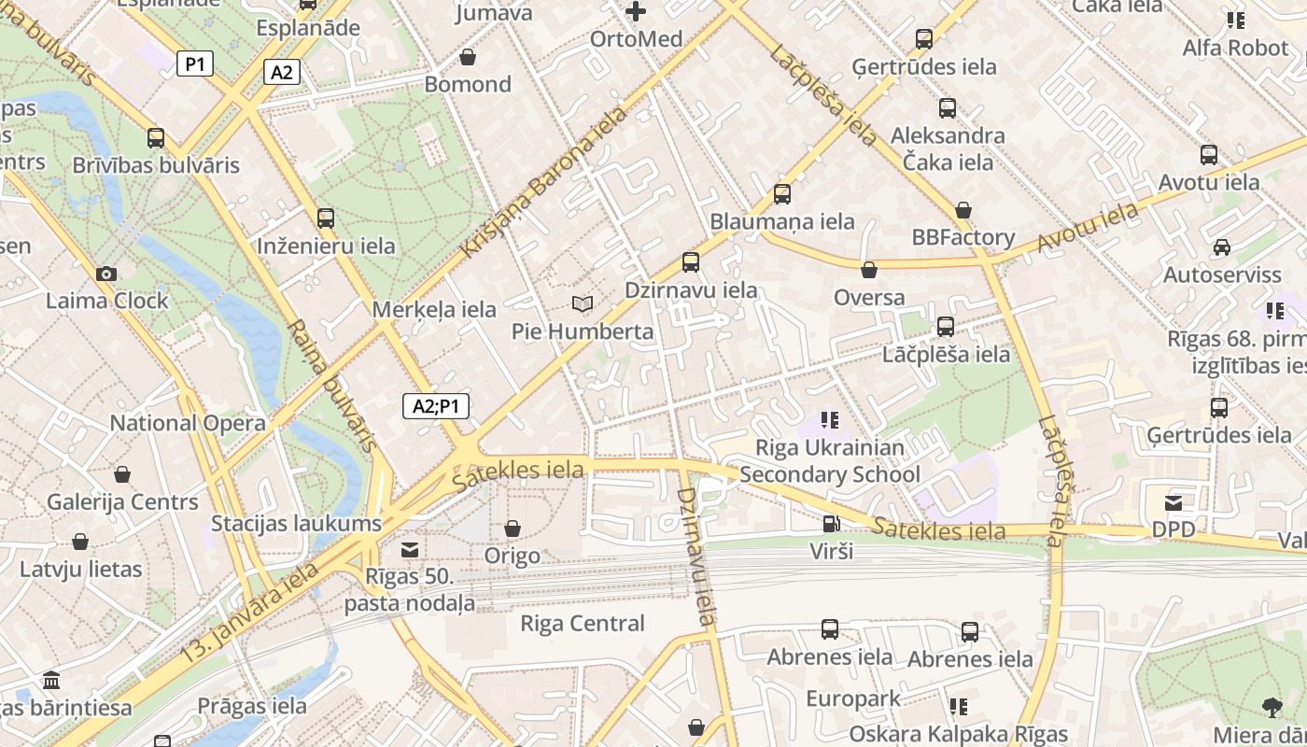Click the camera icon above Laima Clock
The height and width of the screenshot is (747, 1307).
click(x=106, y=274)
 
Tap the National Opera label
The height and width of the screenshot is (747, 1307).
click(x=188, y=423)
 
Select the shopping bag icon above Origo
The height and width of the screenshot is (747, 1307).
click(x=512, y=529)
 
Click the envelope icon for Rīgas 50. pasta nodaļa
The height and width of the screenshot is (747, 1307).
click(x=409, y=549)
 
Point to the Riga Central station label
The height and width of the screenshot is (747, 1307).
click(x=582, y=623)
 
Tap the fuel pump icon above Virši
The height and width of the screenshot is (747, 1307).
click(x=830, y=524)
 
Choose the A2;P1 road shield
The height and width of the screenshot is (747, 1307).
click(x=436, y=406)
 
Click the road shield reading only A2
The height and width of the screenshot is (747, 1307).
click(x=281, y=72)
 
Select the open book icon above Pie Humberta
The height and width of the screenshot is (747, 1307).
click(x=582, y=304)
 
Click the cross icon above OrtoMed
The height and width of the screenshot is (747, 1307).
click(x=636, y=11)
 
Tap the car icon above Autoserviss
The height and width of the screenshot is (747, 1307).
click(x=1221, y=247)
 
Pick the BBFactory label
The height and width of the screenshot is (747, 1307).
click(x=963, y=237)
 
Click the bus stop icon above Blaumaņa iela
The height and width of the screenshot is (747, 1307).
click(x=782, y=194)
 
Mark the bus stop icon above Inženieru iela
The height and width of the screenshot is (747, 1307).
click(x=326, y=218)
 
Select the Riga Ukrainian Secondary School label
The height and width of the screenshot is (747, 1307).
click(x=829, y=461)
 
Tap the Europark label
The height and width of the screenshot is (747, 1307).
click(x=853, y=698)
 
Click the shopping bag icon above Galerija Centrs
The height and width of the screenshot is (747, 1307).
click(x=122, y=474)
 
